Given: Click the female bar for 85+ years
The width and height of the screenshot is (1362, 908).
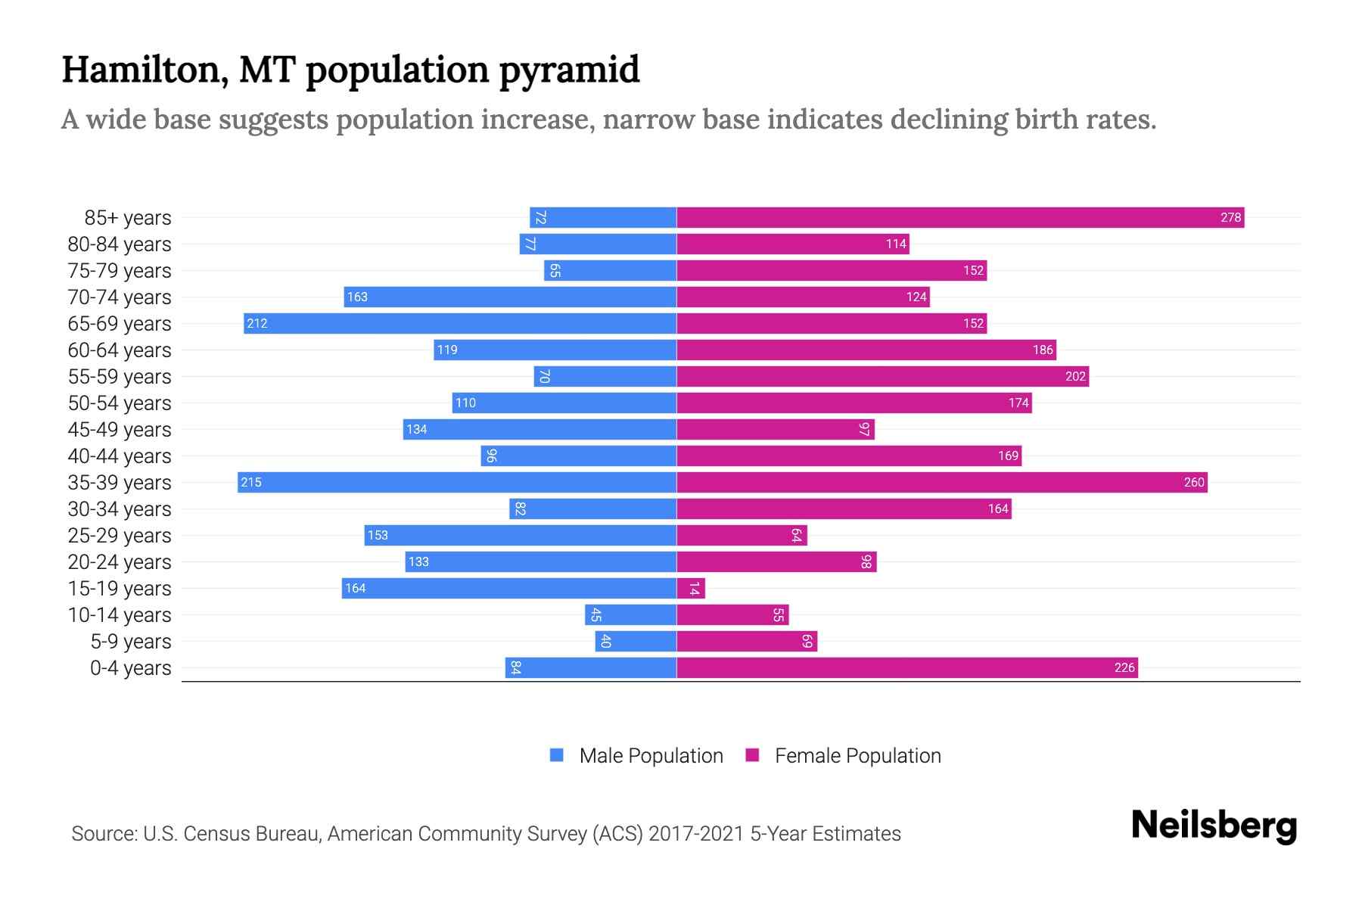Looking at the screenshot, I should pyautogui.click(x=959, y=218).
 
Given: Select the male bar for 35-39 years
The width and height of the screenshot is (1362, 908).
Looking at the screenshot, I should pyautogui.click(x=457, y=483).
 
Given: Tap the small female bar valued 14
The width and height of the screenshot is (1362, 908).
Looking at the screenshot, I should pyautogui.click(x=691, y=589).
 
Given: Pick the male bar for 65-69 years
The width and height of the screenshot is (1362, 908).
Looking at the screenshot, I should pyautogui.click(x=460, y=324).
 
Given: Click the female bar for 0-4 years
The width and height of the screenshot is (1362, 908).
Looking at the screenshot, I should pyautogui.click(x=906, y=668).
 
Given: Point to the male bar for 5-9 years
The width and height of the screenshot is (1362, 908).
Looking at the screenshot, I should pyautogui.click(x=636, y=642).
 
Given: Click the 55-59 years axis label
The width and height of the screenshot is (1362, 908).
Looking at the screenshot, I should pyautogui.click(x=120, y=377).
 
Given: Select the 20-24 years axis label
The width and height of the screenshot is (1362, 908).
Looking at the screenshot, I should pyautogui.click(x=120, y=562).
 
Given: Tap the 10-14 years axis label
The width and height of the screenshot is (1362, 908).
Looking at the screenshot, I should pyautogui.click(x=120, y=615).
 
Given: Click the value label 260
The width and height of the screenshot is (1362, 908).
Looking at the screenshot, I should pyautogui.click(x=1193, y=483).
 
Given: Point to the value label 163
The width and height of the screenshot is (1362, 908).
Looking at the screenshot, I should pyautogui.click(x=357, y=297).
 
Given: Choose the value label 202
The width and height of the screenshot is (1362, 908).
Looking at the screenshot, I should pyautogui.click(x=1075, y=377).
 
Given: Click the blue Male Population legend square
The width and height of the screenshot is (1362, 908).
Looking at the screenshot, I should pyautogui.click(x=557, y=755).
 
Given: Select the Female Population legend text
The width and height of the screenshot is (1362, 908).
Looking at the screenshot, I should pyautogui.click(x=857, y=756).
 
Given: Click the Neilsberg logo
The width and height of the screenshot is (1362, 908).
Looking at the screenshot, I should pyautogui.click(x=1214, y=826).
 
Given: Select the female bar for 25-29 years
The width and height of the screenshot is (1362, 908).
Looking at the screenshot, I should pyautogui.click(x=742, y=536).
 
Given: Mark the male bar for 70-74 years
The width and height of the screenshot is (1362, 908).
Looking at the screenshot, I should pyautogui.click(x=510, y=297).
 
